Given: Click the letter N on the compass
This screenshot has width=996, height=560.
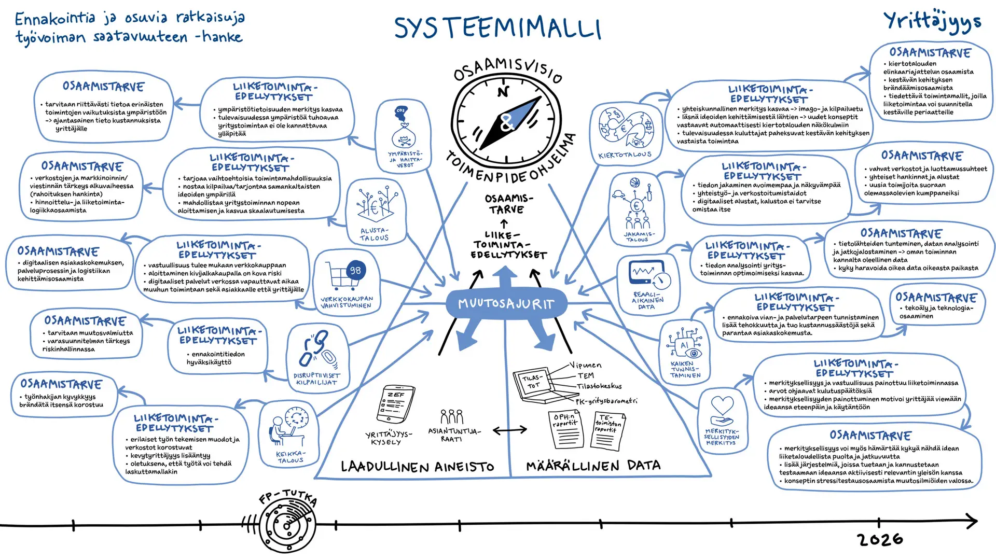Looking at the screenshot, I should click(x=503, y=92).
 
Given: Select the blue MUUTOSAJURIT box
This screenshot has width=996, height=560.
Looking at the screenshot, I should click(x=506, y=304).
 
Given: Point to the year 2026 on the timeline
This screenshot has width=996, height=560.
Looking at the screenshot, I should click(x=880, y=540).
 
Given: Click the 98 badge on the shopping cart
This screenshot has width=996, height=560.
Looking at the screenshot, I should click(x=355, y=270).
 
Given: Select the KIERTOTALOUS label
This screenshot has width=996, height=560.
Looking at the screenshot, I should click(x=625, y=155).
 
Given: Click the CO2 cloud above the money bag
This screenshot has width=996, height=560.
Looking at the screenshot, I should click(x=400, y=111).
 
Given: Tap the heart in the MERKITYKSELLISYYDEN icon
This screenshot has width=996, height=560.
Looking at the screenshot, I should click(x=722, y=405).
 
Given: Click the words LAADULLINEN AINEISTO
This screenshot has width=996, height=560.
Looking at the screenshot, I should click(x=417, y=467).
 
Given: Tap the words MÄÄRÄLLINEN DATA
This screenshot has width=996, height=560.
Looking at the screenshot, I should click(x=593, y=466).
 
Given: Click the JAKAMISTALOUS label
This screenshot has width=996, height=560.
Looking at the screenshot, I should click(x=638, y=237).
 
